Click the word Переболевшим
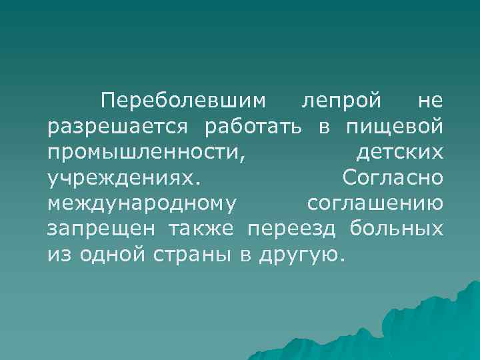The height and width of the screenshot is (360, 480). pos(183,101)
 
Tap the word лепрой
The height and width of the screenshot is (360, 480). pos(341,101)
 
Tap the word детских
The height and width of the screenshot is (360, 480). pos(399,152)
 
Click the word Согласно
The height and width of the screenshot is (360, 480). pos(392,177)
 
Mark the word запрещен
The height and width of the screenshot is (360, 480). pos(102,228)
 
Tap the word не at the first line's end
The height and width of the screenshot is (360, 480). pos(429,101)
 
